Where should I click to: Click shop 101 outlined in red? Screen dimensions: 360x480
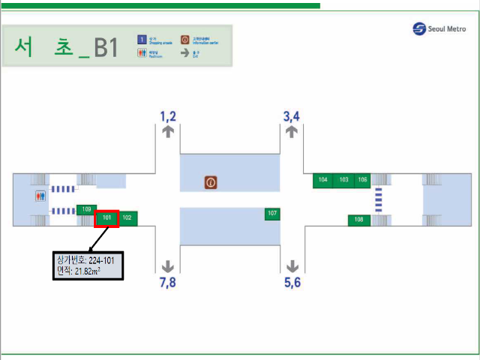click(106, 218)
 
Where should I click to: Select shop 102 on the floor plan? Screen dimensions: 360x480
click(127, 218)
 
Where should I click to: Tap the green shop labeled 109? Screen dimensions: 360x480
click(87, 209)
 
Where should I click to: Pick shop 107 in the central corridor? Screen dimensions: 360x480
click(272, 214)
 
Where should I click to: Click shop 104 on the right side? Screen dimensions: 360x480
click(323, 180)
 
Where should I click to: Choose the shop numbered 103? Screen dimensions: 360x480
click(343, 180)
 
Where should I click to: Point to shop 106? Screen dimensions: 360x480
click(363, 180)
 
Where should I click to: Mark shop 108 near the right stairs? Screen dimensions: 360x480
click(358, 220)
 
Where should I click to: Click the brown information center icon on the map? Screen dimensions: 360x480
click(211, 182)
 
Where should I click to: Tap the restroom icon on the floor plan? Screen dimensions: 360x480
click(40, 196)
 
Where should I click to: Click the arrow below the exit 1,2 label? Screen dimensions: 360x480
click(168, 131)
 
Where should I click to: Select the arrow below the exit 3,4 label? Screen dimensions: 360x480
click(292, 131)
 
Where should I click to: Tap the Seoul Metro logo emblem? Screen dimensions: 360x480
click(418, 29)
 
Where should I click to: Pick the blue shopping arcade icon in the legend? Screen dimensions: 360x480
click(140, 39)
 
